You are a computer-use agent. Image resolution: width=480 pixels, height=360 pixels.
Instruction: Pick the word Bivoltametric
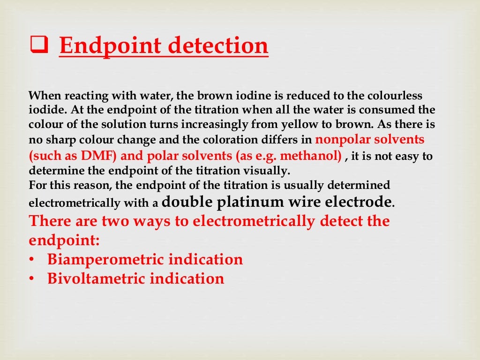(97, 278)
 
